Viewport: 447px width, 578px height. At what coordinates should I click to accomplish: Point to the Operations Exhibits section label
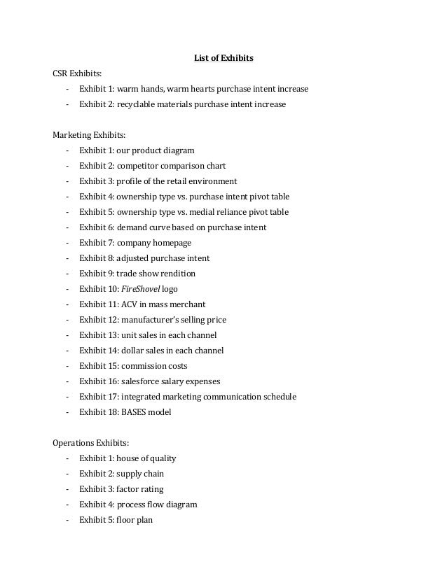(92, 442)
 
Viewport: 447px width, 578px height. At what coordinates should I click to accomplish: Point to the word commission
(142, 366)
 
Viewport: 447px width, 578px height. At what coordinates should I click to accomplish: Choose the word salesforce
(142, 381)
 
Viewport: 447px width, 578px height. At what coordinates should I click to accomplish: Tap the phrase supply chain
(139, 474)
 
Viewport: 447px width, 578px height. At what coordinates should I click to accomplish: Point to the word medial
(205, 212)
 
